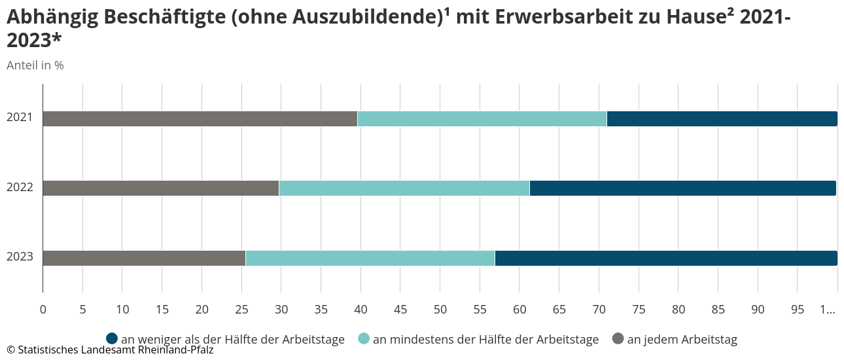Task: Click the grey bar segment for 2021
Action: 200,118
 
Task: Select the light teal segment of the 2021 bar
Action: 482,118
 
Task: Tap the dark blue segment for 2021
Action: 722,118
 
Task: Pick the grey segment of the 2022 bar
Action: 161,188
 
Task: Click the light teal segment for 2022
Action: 404,188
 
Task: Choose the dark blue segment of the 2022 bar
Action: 683,188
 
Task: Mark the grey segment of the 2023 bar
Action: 144,258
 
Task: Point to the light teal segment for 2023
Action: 370,258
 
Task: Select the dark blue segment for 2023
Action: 666,258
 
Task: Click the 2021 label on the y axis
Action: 20,118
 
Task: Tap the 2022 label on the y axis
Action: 20,188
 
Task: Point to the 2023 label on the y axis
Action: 20,257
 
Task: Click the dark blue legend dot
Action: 112,338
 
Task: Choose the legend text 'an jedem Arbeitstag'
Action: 682,339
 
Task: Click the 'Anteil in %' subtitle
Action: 35,65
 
